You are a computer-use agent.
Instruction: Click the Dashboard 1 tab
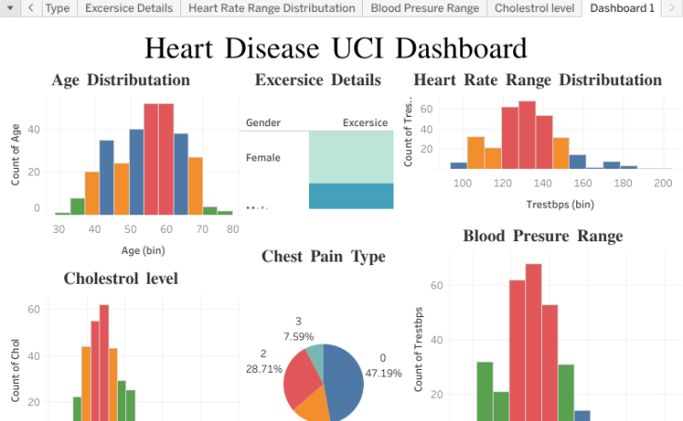pos(622,8)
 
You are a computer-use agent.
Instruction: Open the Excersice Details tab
pos(129,8)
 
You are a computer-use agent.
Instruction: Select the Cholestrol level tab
pos(535,8)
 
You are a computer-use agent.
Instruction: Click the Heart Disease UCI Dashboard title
pos(336,48)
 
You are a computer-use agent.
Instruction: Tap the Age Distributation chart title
pos(121,80)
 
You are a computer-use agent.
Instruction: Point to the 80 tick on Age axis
pos(233,229)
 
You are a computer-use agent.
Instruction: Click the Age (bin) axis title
pos(142,249)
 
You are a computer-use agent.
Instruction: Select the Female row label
pos(263,158)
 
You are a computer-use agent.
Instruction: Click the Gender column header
pos(263,122)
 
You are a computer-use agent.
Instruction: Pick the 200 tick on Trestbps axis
pos(662,184)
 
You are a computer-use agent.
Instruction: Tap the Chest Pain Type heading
pos(323,256)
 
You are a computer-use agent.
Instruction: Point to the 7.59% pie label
pos(298,337)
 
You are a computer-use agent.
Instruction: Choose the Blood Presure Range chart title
pos(543,236)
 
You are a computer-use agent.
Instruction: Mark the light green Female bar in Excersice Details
pos(351,157)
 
